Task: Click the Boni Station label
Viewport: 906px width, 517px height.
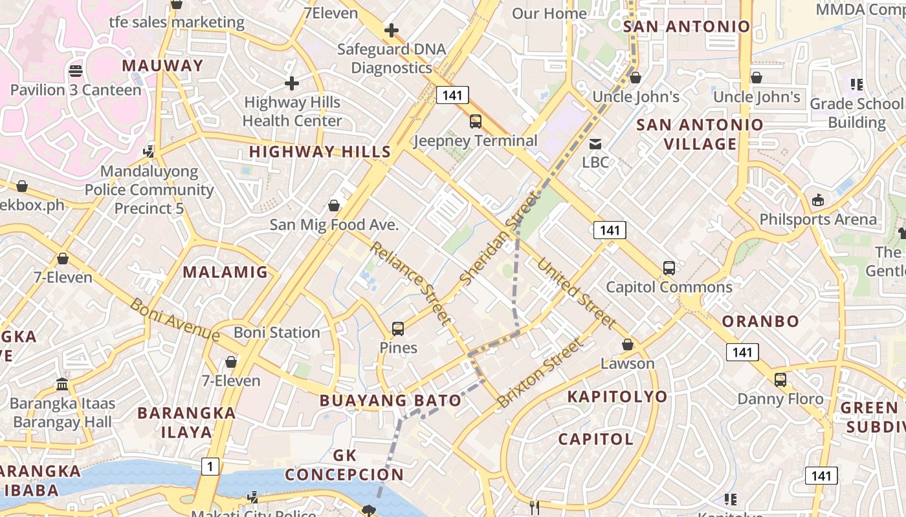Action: pyautogui.click(x=277, y=332)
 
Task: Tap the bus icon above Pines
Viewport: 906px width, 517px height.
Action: pyautogui.click(x=398, y=329)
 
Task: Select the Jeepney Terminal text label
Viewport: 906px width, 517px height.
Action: pyautogui.click(x=476, y=141)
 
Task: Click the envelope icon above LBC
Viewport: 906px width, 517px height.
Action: pyautogui.click(x=595, y=144)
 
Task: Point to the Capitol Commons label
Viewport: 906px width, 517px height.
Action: pyautogui.click(x=669, y=287)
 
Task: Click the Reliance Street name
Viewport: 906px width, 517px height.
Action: pyautogui.click(x=410, y=282)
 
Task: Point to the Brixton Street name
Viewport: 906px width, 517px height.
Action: pyautogui.click(x=540, y=373)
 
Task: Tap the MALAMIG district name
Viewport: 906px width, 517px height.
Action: pyautogui.click(x=225, y=272)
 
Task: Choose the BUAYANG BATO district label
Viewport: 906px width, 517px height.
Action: pyautogui.click(x=390, y=401)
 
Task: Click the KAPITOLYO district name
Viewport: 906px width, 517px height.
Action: pyautogui.click(x=617, y=397)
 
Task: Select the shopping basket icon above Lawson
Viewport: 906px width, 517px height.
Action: pyautogui.click(x=627, y=344)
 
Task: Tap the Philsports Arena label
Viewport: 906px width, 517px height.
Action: pyautogui.click(x=818, y=219)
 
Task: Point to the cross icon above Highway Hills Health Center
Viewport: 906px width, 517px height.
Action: pyautogui.click(x=292, y=83)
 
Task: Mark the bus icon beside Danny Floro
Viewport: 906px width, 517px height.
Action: pyautogui.click(x=780, y=380)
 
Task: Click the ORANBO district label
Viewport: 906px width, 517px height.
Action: pyautogui.click(x=760, y=321)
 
